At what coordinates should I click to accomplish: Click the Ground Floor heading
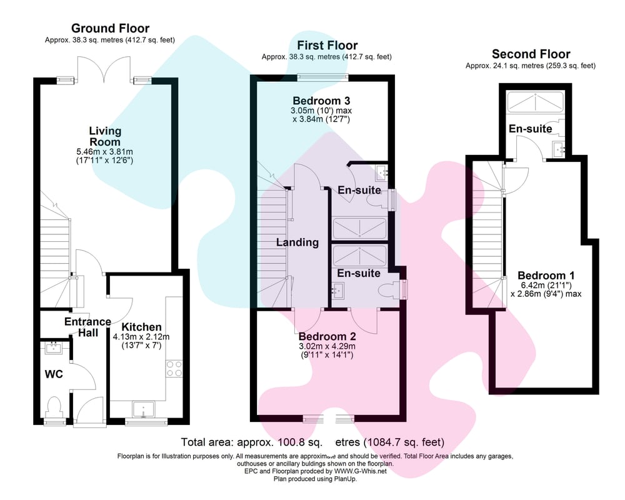pyautogui.click(x=110, y=28)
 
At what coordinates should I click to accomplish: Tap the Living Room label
pyautogui.click(x=105, y=136)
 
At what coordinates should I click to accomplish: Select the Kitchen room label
pyautogui.click(x=141, y=327)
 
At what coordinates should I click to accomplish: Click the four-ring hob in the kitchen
pyautogui.click(x=174, y=368)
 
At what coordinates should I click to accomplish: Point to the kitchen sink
pyautogui.click(x=144, y=409)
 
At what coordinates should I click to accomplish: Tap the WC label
pyautogui.click(x=53, y=374)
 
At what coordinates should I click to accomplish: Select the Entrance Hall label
pyautogui.click(x=87, y=327)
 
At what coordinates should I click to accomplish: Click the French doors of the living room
pyautogui.click(x=104, y=71)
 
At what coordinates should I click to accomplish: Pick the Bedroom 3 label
pyautogui.click(x=321, y=101)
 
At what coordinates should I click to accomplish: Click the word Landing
pyautogui.click(x=297, y=242)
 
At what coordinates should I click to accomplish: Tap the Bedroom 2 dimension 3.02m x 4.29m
pyautogui.click(x=327, y=346)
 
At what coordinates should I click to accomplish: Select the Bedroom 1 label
pyautogui.click(x=546, y=276)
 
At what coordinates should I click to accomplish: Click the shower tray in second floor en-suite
pyautogui.click(x=536, y=102)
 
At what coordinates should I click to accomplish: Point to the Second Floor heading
pyautogui.click(x=531, y=54)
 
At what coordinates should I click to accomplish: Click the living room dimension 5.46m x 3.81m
pyautogui.click(x=104, y=151)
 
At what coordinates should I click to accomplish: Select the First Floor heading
pyautogui.click(x=327, y=45)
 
